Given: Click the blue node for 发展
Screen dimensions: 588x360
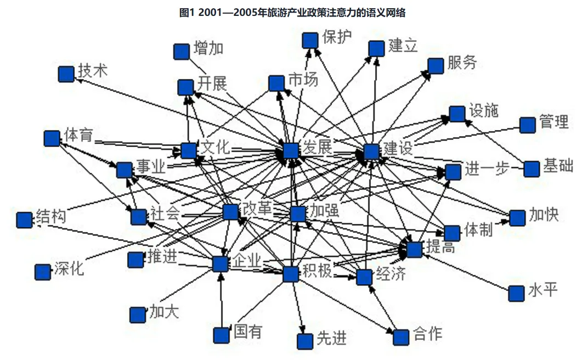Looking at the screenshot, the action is (x=291, y=150).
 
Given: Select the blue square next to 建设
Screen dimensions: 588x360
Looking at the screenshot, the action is (x=371, y=152).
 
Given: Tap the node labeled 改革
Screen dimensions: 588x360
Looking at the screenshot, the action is (x=231, y=212).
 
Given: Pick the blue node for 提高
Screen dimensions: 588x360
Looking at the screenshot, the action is (x=415, y=249).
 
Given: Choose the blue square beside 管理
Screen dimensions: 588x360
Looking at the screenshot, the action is (x=527, y=125).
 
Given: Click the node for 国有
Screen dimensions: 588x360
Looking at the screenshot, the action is (x=221, y=335).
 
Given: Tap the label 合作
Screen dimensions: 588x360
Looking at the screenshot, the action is (x=427, y=333).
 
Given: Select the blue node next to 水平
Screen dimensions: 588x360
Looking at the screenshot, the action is (x=516, y=294).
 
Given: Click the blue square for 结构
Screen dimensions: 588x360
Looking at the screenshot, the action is (x=24, y=220).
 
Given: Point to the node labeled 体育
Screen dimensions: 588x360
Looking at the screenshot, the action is (x=52, y=138).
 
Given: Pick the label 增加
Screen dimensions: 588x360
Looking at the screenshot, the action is (x=208, y=48).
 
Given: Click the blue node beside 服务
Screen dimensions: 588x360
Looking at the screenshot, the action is (x=436, y=66).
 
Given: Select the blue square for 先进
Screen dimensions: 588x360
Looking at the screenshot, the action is (x=305, y=341).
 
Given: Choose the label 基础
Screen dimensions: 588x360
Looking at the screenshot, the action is (x=558, y=166).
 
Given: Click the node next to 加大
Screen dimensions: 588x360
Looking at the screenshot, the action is (x=138, y=315).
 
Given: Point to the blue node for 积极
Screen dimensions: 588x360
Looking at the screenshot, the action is (x=291, y=274).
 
